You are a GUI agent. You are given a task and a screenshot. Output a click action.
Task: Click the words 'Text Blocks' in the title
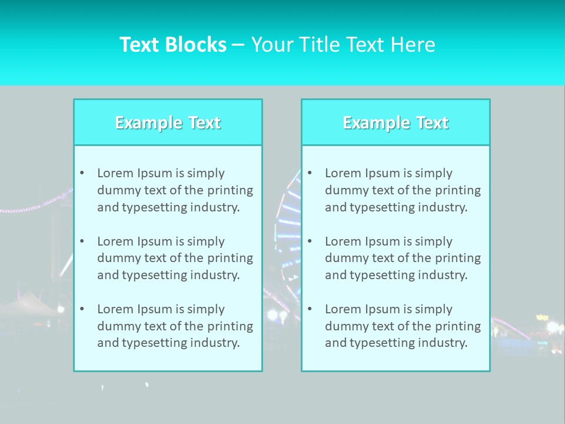pos(172,45)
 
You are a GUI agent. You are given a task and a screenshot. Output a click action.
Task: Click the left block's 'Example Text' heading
pos(168,122)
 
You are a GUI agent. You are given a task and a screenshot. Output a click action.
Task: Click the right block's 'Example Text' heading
pos(395,122)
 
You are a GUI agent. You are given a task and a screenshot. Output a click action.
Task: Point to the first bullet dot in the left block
pos(82,173)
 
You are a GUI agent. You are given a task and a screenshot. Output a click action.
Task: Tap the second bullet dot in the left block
pos(82,241)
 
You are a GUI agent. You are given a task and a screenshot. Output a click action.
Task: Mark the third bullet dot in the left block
pos(82,309)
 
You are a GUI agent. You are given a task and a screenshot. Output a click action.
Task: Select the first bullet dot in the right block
pos(310,173)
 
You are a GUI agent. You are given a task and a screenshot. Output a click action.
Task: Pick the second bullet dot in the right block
pos(310,241)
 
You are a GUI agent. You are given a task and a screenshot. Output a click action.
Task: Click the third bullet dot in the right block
pos(310,309)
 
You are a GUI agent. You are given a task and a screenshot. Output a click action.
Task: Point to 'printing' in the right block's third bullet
pos(459,326)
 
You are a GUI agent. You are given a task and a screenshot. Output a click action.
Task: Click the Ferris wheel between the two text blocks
pos(282,236)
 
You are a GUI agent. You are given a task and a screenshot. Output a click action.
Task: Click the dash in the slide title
pos(238,45)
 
